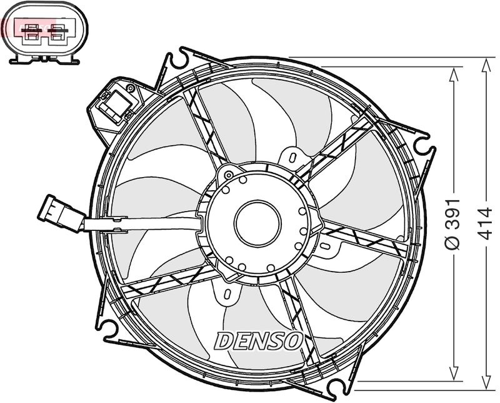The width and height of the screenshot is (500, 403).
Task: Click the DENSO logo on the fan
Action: pos(258,340)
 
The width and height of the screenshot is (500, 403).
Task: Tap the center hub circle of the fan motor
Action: pos(257,223)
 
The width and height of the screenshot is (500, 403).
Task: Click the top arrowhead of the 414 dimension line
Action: pos(486,66)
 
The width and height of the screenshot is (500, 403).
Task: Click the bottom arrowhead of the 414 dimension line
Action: pos(486,382)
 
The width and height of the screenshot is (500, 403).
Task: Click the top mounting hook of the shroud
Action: pos(179,58)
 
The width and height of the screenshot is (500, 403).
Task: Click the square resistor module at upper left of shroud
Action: pos(115,104)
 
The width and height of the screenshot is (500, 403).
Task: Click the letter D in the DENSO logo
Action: pos(222,340)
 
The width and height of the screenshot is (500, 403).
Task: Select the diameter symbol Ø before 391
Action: pos(452,243)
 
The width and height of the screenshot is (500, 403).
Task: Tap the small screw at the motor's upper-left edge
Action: pos(229,175)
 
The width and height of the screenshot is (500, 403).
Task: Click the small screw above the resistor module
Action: pos(130,88)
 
